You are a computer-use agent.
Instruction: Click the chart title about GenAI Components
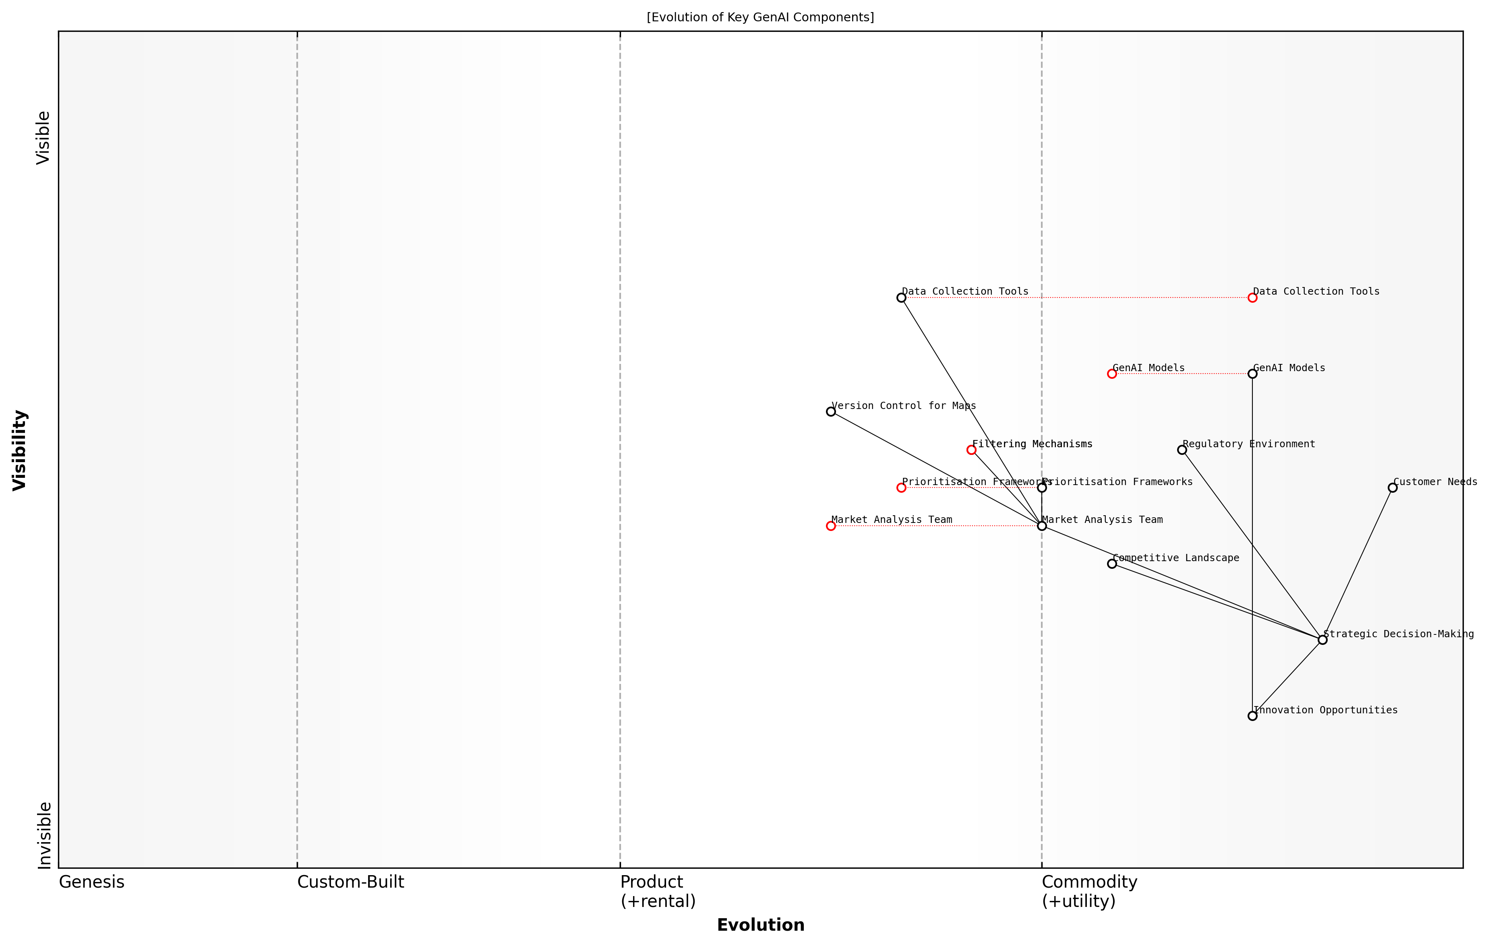click(760, 17)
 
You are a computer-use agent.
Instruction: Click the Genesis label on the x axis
click(91, 882)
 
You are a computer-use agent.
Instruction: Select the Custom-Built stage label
click(350, 882)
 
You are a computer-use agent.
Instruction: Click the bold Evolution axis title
click(760, 925)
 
